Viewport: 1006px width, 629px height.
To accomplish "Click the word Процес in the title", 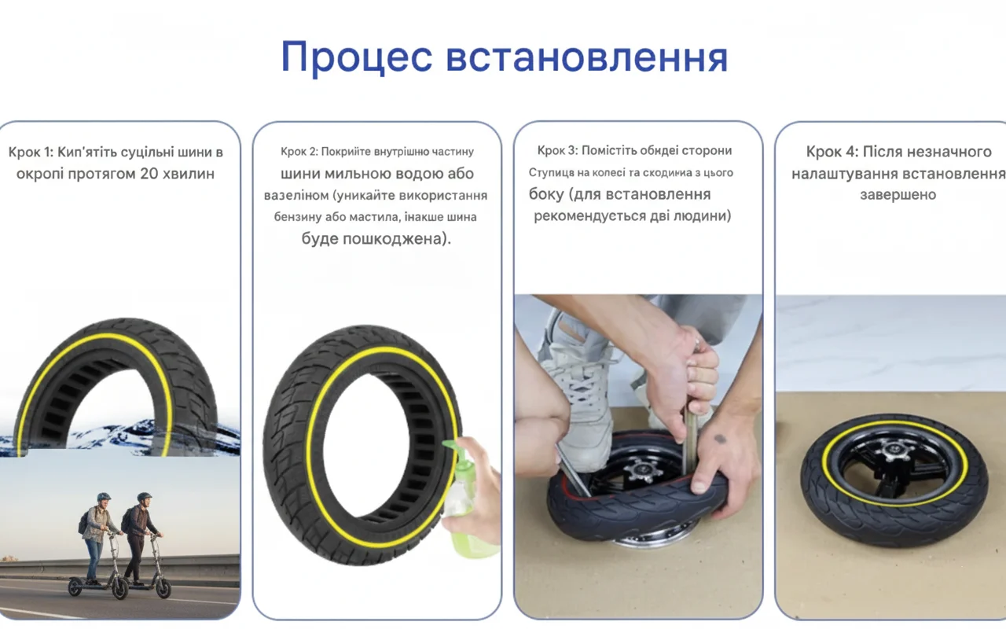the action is click(357, 58).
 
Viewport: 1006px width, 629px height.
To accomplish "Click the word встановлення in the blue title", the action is click(586, 58).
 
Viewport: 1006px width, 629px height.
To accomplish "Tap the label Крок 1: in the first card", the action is click(31, 153).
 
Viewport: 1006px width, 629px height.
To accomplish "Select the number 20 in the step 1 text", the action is click(149, 174).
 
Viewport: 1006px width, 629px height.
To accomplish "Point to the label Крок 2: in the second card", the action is click(299, 152).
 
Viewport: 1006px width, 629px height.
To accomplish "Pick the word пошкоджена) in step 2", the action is click(397, 238).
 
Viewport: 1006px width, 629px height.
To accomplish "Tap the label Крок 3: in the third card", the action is click(557, 150).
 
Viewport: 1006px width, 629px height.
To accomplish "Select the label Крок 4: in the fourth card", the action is click(832, 152).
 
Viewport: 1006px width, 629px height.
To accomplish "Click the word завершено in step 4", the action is click(898, 194).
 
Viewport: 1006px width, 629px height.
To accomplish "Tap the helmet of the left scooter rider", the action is click(104, 497).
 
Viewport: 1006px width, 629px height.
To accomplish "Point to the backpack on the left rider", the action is click(84, 523).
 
